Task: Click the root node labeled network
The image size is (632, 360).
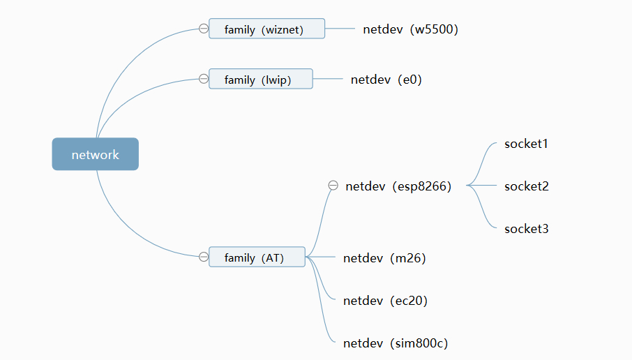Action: point(95,154)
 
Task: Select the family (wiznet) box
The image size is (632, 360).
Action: point(266,29)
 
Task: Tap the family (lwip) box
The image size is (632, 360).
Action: point(260,79)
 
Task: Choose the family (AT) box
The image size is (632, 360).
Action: point(257,257)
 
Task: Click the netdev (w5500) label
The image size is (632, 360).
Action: point(410,29)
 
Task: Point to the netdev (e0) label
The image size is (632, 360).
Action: point(386,80)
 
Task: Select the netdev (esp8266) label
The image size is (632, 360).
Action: point(398,186)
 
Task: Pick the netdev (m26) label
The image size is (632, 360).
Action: point(384,258)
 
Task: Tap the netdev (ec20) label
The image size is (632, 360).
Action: point(385,301)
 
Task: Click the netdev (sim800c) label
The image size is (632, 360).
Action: point(396,343)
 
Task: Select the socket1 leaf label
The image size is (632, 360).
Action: point(526,144)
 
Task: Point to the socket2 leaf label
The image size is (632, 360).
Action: point(526,186)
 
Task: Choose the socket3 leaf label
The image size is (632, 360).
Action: point(526,229)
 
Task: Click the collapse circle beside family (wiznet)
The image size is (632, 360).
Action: point(203,29)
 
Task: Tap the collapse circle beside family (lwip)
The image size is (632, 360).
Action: point(203,79)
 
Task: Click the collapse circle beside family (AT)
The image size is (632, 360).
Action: point(203,257)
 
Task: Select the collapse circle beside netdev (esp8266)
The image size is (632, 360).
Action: point(333,186)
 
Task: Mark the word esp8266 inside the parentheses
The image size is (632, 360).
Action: point(422,186)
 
